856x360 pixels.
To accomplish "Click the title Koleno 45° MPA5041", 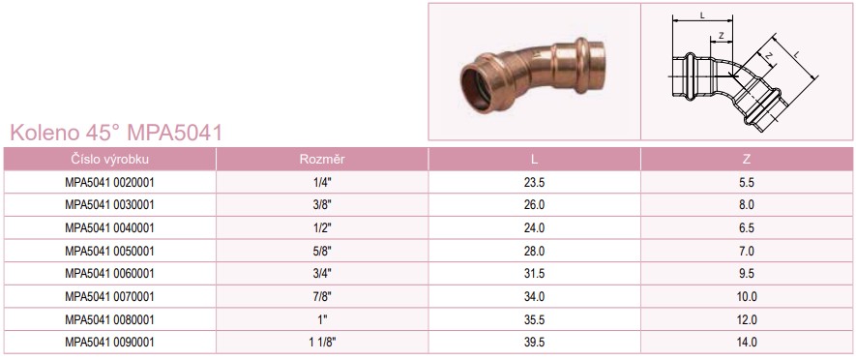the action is pos(116,133).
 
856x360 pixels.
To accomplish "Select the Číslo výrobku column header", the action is pos(109,160).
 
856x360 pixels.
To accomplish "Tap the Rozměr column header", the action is pos(322,160).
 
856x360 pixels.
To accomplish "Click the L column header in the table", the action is pos(534,160).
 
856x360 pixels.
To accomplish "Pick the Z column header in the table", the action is pos(747,160).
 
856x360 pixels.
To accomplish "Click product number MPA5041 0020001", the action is pos(109,183).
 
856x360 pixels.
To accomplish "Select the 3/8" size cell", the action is pos(322,205).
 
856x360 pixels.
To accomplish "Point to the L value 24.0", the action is pos(534,228).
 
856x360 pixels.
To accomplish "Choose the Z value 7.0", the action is pos(747,252).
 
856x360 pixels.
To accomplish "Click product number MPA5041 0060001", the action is pos(109,274).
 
